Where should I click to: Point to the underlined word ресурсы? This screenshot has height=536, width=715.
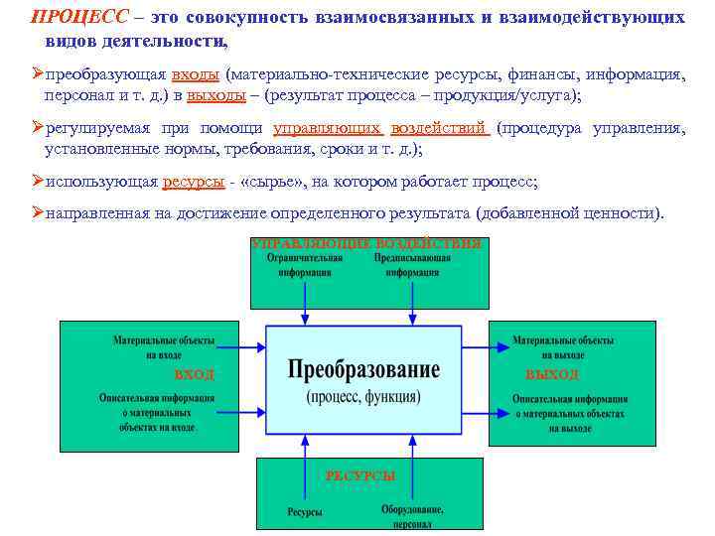(193, 183)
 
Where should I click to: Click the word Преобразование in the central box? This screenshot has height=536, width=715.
(363, 370)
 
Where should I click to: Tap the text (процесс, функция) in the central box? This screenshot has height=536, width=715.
(363, 396)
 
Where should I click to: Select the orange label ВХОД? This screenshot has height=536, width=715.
(194, 375)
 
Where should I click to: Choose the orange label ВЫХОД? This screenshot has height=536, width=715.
(552, 375)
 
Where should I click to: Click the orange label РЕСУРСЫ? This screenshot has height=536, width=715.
(359, 476)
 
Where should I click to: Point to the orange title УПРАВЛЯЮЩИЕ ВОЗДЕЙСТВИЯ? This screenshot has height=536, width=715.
(366, 243)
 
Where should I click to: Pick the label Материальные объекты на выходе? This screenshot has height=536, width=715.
(562, 346)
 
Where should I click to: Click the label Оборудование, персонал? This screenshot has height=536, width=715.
(412, 515)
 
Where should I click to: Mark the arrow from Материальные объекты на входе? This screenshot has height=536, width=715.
(238, 347)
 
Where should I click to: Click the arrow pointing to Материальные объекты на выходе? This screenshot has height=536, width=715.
(488, 347)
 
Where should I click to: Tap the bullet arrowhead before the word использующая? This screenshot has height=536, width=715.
(38, 183)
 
